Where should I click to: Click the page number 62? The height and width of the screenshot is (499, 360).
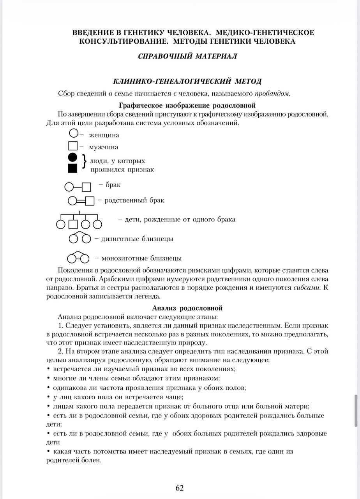pos(180,488)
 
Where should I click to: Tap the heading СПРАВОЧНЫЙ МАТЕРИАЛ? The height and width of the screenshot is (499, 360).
pos(187,56)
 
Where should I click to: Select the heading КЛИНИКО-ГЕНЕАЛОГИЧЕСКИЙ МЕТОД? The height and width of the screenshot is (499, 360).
pos(187,81)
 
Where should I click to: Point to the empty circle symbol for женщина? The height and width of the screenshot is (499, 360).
pos(74,133)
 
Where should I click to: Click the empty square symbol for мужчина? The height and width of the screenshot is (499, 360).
pos(73,146)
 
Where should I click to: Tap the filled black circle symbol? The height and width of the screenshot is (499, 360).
pos(73,157)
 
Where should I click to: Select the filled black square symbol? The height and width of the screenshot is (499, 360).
pos(73,168)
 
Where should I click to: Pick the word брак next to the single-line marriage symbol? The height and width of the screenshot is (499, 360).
pos(113,185)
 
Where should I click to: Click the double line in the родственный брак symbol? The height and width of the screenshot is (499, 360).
pos(81,201)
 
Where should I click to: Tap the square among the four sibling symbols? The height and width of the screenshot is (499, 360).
pos(73,224)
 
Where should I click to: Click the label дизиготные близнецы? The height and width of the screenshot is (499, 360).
pos(137,239)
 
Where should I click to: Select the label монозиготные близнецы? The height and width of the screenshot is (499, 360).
pos(141,258)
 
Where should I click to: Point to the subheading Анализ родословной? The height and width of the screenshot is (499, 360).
pos(187,308)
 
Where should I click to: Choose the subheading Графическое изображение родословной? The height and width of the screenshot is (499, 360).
pos(187,105)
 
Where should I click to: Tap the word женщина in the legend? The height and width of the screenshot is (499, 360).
pos(104,135)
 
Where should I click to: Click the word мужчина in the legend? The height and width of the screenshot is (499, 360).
pos(104,147)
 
